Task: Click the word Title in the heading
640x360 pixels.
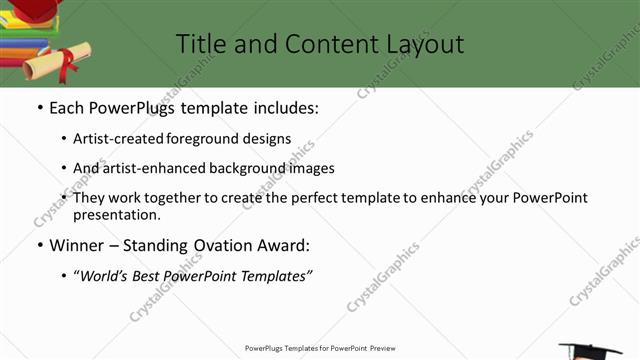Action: pos(199,44)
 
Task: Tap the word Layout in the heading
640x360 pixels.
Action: pos(424,44)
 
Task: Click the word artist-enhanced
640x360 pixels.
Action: pos(153,169)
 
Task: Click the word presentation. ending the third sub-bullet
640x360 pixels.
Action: pos(117,214)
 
